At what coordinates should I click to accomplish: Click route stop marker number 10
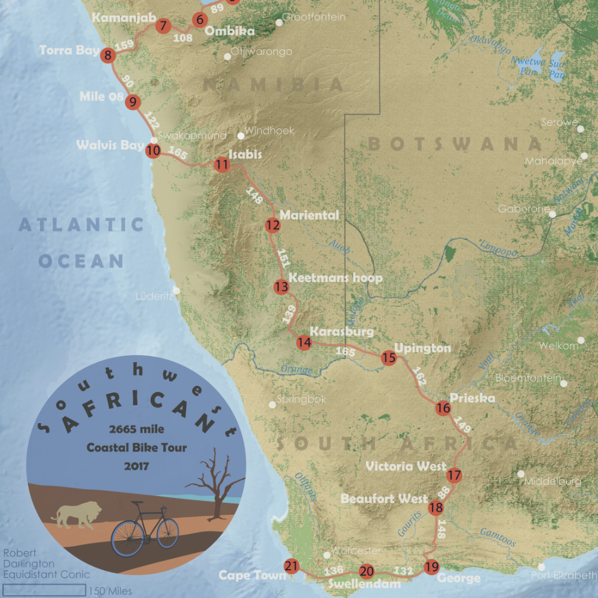153,151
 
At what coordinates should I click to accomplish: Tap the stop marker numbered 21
292,565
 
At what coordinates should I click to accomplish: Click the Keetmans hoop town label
335,278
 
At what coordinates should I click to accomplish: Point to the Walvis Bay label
110,145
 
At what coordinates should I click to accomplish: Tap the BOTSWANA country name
455,144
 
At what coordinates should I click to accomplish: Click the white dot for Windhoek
241,136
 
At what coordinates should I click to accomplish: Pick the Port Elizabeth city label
564,575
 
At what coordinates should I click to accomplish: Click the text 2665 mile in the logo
137,429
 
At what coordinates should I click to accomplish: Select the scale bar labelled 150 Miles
45,590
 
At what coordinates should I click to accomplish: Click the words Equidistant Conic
46,574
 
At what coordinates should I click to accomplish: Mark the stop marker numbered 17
454,475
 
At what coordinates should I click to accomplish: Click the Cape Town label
252,575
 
